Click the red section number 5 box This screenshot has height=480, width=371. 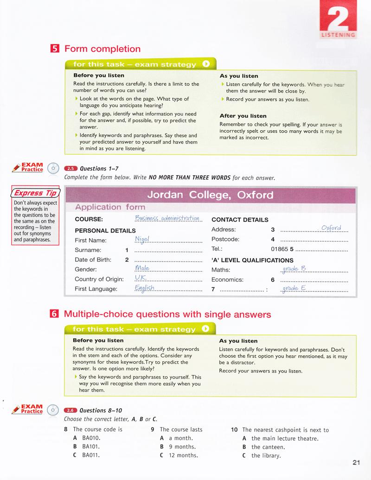click(54, 49)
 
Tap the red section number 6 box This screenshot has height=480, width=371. click(54, 314)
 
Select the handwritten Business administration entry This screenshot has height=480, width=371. click(167, 218)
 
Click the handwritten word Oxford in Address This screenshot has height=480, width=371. click(331, 227)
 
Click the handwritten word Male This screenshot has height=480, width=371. click(141, 268)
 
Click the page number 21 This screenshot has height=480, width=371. click(356, 461)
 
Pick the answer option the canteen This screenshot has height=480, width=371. click(268, 447)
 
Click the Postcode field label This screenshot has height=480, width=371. click(225, 239)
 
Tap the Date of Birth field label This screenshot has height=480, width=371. click(93, 259)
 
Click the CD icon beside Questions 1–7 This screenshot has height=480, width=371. click(54, 168)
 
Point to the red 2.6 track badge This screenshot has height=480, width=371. click(70, 410)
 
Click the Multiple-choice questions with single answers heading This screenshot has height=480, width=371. click(167, 315)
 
